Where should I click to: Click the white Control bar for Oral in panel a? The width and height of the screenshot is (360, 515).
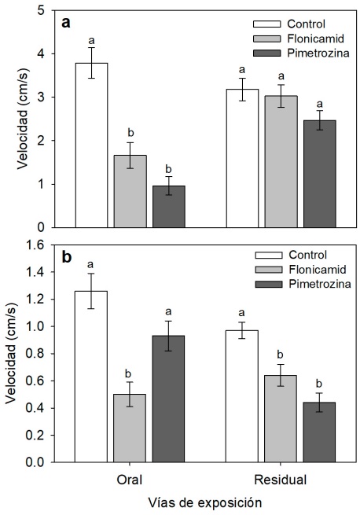point(92,145)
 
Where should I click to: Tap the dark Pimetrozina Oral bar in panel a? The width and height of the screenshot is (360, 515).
point(169,206)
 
